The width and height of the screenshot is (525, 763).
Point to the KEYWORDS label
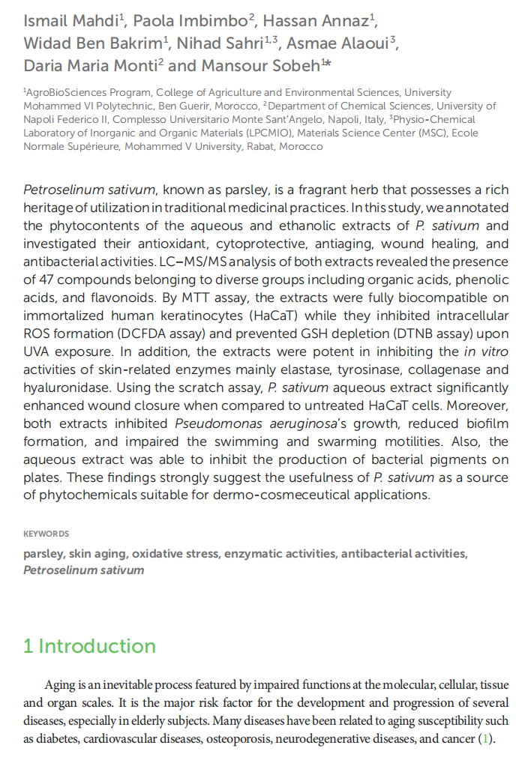tap(46, 534)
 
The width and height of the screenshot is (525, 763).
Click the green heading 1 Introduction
tap(89, 646)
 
